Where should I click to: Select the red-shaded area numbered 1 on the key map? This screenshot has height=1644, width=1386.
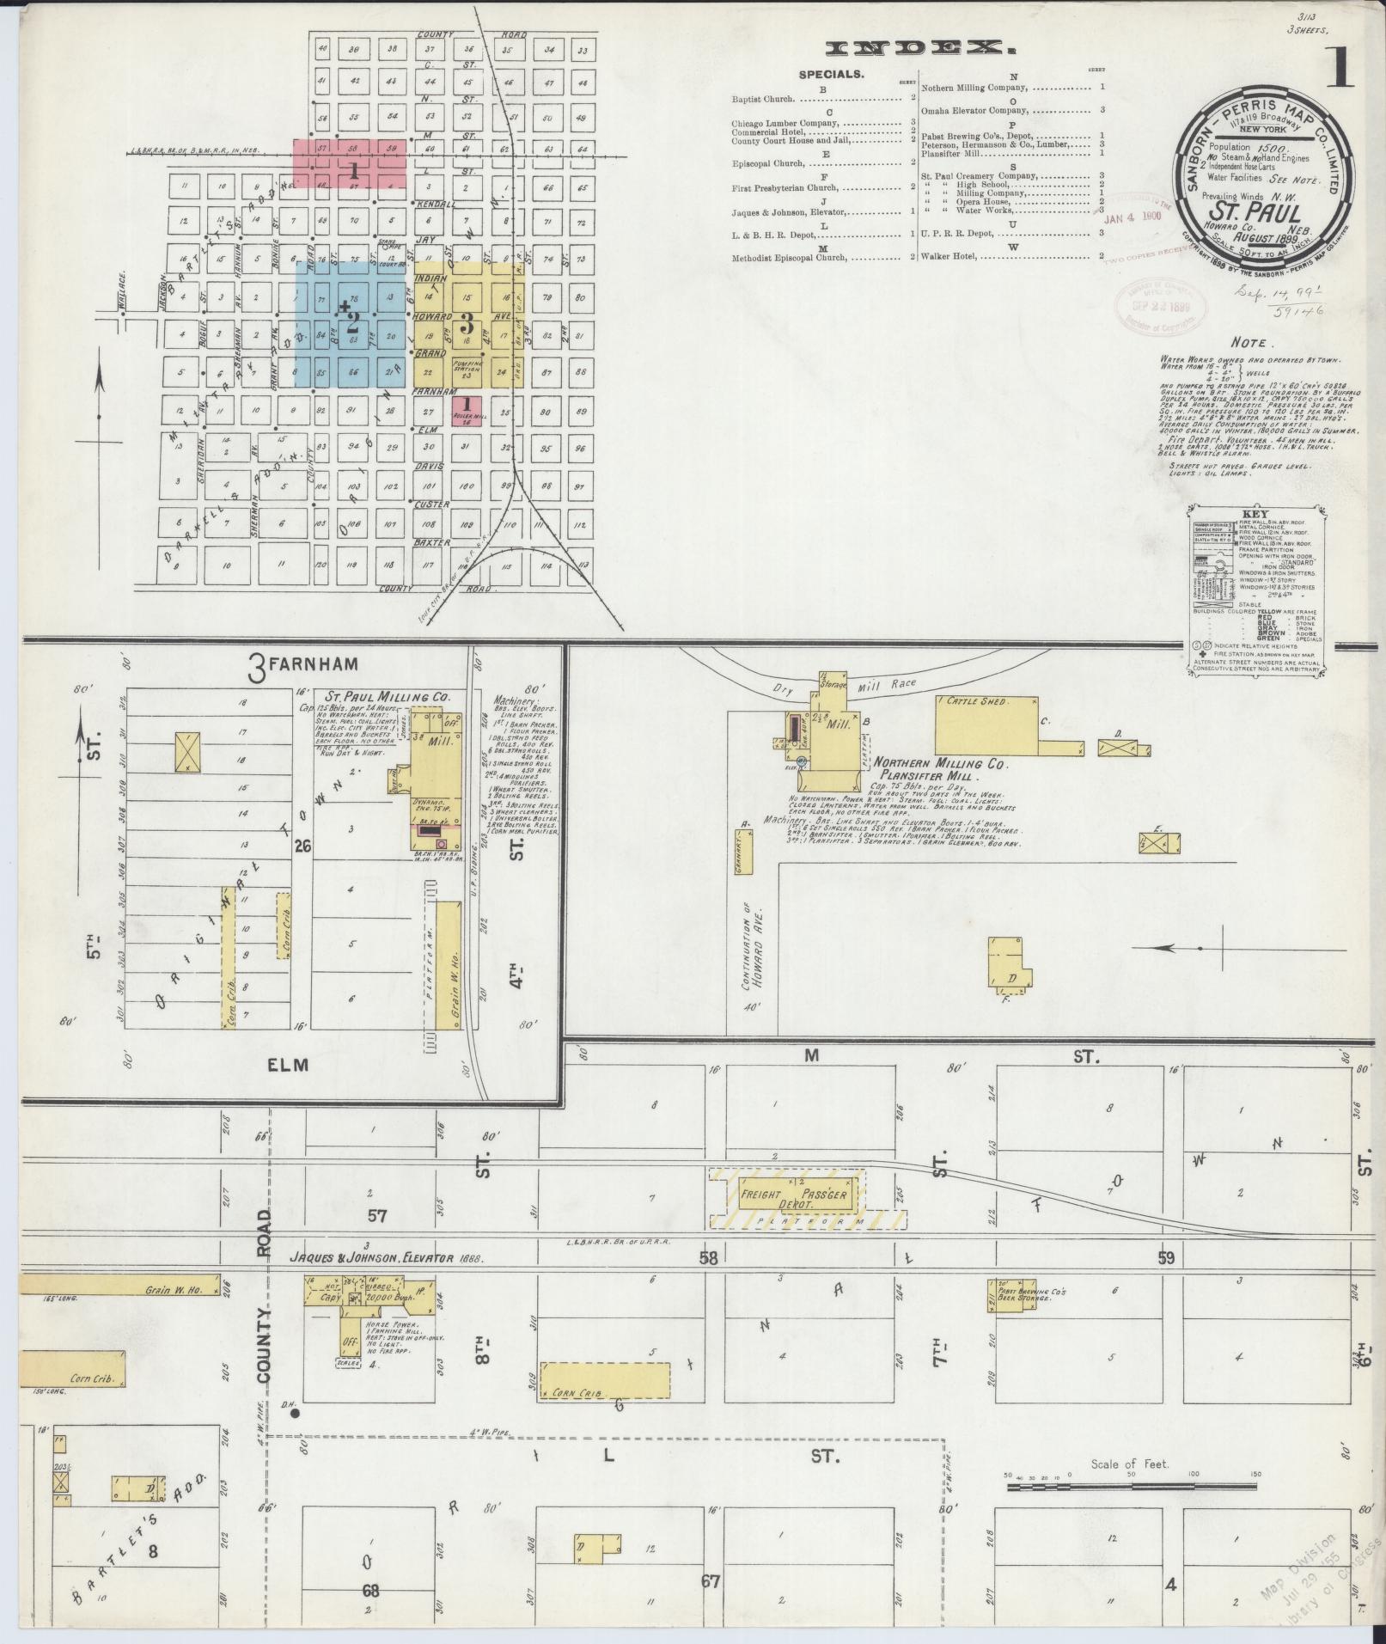351,163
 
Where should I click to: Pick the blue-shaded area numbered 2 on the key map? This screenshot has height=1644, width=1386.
351,324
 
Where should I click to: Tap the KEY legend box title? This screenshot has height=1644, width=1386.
1255,514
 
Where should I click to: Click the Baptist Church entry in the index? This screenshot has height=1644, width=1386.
763,99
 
